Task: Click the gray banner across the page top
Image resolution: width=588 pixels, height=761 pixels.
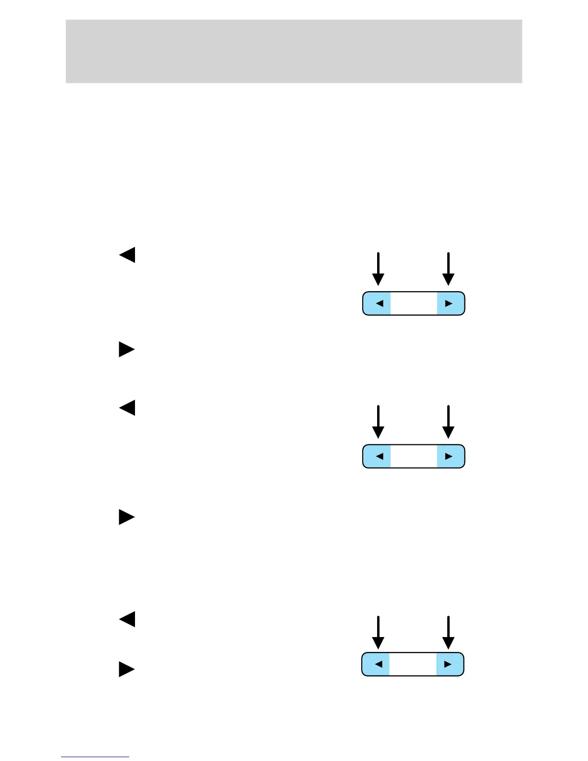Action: pos(294,51)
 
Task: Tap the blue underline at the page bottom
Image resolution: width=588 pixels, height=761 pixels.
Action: pos(95,757)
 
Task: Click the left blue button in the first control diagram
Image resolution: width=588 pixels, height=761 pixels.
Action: pos(377,303)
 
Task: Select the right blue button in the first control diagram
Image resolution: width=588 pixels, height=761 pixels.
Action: pos(450,303)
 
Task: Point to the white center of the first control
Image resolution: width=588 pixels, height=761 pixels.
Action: pos(414,303)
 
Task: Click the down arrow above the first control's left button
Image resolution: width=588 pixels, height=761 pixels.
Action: pos(379,269)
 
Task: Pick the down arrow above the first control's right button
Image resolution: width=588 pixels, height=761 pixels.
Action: pos(448,269)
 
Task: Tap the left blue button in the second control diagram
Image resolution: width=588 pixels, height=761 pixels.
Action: pos(377,456)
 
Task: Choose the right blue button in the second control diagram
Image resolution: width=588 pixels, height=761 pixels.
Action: pos(450,456)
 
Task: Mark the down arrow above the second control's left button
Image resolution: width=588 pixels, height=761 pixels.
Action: pos(379,422)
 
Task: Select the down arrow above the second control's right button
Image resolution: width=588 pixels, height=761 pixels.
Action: pos(448,422)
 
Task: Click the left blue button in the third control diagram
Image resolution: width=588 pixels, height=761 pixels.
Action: pos(376,664)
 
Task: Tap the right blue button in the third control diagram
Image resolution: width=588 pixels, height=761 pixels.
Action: pos(449,664)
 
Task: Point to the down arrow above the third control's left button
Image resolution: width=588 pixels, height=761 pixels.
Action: pos(379,632)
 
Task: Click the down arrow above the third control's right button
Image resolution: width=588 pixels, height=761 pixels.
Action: pos(448,632)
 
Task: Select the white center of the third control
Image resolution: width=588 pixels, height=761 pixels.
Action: pos(413,664)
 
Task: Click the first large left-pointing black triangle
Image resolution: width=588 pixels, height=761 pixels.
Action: pos(127,255)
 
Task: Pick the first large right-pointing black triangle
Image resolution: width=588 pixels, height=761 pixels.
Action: pos(127,349)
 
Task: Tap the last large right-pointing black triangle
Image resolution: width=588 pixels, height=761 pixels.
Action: pos(127,669)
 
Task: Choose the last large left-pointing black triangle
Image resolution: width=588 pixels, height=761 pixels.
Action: pos(127,619)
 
